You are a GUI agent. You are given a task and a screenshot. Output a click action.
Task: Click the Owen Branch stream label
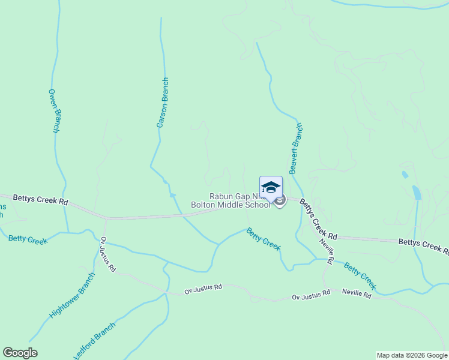pyautogui.click(x=54, y=111)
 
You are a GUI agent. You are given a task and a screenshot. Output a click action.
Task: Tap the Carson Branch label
pyautogui.click(x=163, y=103)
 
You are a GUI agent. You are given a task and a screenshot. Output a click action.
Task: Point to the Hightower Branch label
pyautogui.click(x=72, y=295)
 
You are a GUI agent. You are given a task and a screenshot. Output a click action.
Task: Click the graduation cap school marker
pyautogui.click(x=271, y=187)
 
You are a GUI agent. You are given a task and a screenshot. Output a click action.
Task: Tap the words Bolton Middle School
pyautogui.click(x=231, y=205)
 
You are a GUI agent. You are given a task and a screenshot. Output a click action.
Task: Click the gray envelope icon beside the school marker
pyautogui.click(x=280, y=200)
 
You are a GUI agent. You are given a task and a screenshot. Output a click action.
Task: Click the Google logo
pyautogui.click(x=20, y=353)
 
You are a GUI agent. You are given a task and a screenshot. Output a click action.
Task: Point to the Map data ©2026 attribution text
pyautogui.click(x=412, y=355)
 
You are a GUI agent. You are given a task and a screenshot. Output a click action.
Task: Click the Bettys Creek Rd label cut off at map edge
pyautogui.click(x=423, y=245)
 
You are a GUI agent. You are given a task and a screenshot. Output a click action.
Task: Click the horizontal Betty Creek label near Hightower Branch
pyautogui.click(x=28, y=239)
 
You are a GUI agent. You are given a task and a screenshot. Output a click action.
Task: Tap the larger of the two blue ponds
pyautogui.click(x=417, y=193)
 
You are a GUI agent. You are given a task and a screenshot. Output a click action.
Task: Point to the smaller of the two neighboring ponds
pyautogui.click(x=405, y=175)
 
